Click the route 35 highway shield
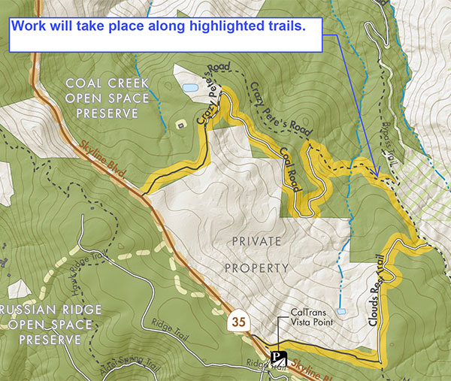coord(239,322)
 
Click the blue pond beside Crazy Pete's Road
coord(190,89)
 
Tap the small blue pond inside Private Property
coord(342,310)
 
